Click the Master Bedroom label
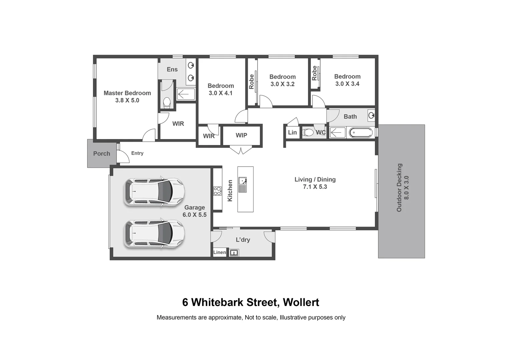127,93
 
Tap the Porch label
102,154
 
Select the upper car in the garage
154,192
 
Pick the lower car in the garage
154,234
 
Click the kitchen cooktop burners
217,191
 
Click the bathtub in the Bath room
361,133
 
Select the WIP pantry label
241,135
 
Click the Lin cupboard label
292,132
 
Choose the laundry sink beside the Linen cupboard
234,253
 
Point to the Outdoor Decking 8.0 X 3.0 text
403,188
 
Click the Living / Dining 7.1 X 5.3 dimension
315,187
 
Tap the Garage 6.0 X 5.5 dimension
194,215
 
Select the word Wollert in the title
301,302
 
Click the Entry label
137,153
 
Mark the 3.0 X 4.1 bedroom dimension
220,93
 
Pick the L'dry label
243,240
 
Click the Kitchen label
230,191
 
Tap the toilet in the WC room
309,133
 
